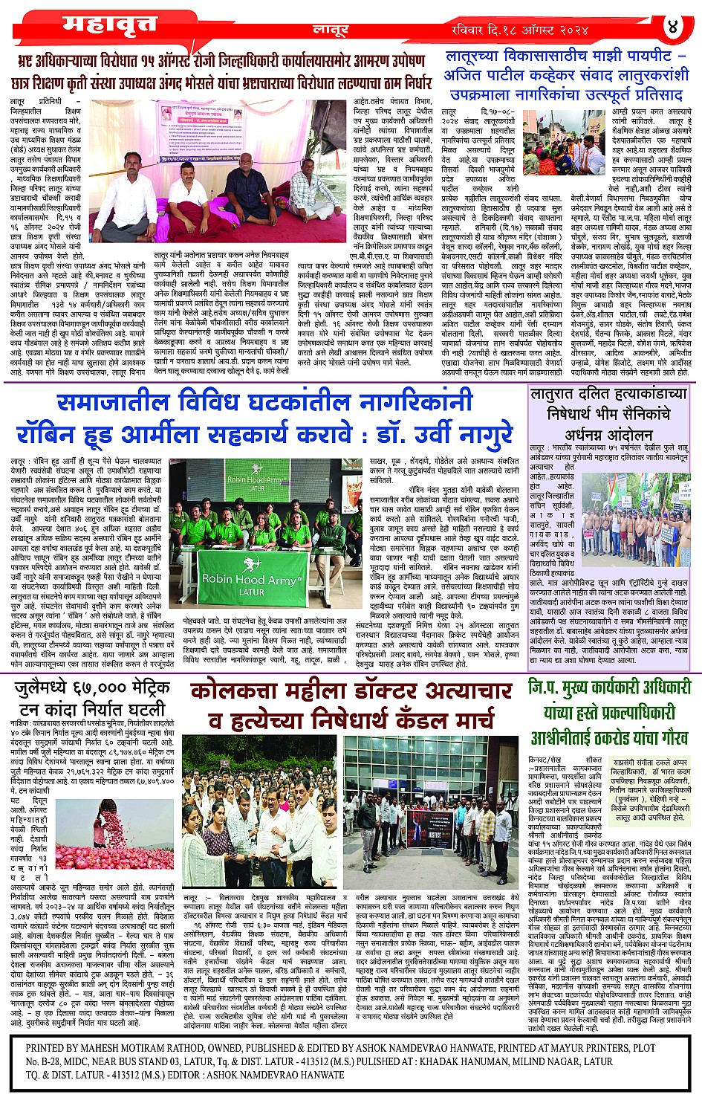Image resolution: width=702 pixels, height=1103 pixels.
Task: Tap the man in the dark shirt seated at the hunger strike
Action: (x=186, y=201)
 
